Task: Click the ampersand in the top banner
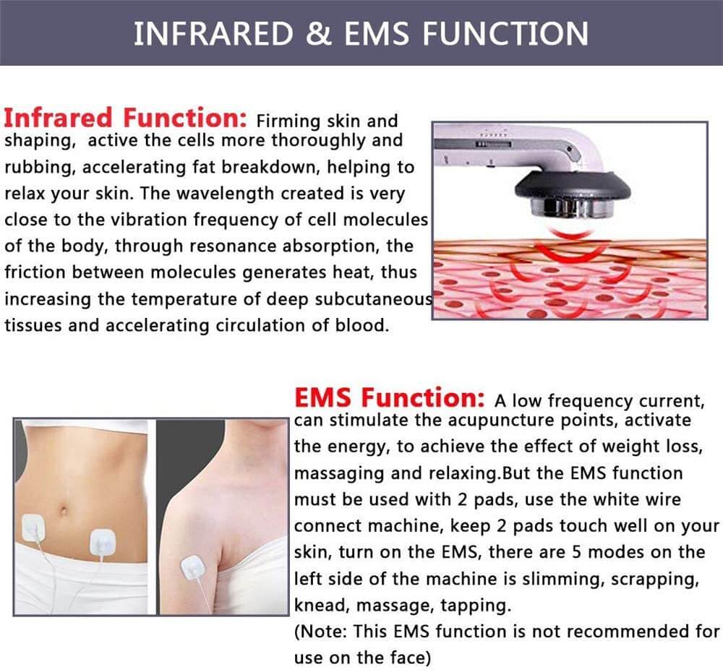click(319, 33)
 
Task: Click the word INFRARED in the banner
click(213, 33)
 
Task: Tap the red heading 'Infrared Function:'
click(125, 118)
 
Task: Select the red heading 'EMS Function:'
click(390, 397)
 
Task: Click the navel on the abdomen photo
click(63, 511)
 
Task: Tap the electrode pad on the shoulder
click(192, 568)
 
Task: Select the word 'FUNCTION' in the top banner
click(505, 33)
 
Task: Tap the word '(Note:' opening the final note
click(320, 632)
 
